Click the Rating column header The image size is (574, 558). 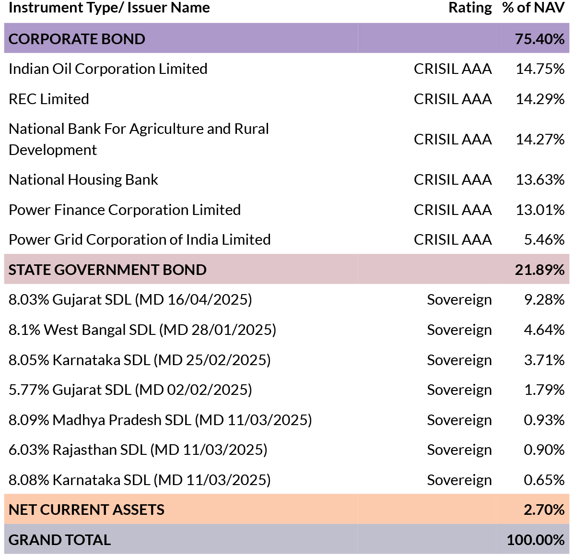pos(470,8)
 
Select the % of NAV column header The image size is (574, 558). pos(533,8)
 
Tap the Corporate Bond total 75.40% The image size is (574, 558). pos(539,39)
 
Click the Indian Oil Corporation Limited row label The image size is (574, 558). pos(108,69)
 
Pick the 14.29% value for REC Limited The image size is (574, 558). pos(540,99)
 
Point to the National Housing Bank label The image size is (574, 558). pos(83,179)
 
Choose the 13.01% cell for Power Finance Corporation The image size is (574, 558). pos(540,210)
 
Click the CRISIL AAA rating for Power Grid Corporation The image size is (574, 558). pos(453,239)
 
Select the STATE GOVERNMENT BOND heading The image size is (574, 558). pos(107,270)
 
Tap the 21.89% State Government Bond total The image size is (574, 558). pos(539,270)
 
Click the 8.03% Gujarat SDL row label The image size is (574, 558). pos(130,300)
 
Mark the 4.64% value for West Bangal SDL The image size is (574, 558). pos(544,330)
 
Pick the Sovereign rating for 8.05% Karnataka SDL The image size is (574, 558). pos(459,360)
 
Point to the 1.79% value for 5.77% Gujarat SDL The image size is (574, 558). pos(544,390)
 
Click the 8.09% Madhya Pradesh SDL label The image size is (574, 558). pos(160,420)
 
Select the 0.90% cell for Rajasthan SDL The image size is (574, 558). pos(544,450)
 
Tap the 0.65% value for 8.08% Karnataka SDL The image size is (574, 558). pos(544,480)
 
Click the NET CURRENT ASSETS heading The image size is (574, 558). pos(87,510)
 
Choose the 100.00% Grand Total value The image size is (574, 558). pos(536,540)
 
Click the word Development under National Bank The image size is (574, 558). pos(53,150)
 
